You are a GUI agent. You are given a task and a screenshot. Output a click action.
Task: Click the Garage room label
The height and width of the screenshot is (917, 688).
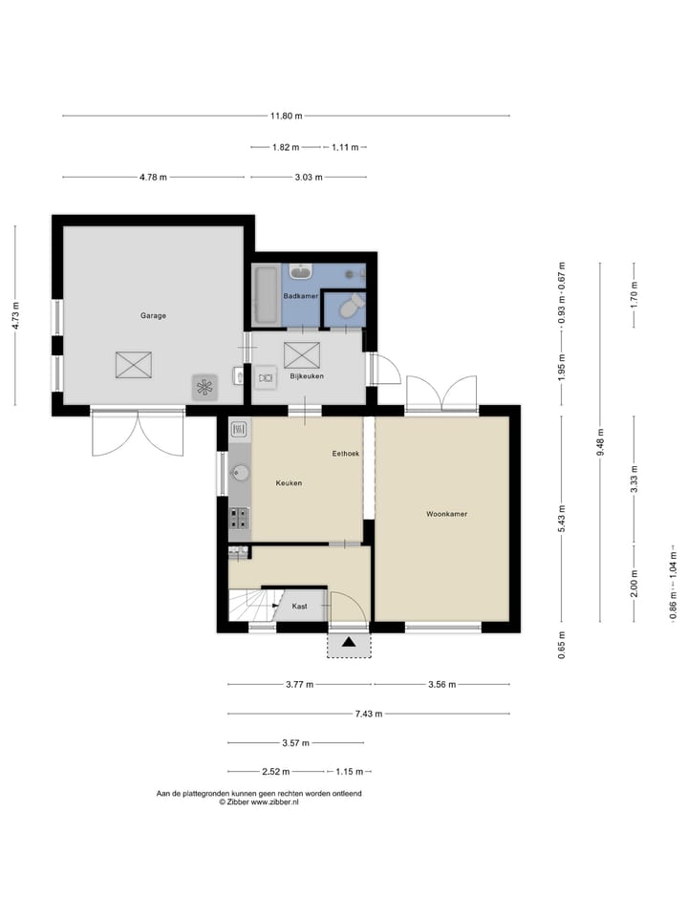153,316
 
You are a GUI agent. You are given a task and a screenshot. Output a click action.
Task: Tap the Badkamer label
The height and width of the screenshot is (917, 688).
301,296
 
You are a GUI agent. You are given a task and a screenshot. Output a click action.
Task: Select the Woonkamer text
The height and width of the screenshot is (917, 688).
447,514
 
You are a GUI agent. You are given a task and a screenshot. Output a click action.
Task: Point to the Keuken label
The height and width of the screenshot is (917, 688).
289,483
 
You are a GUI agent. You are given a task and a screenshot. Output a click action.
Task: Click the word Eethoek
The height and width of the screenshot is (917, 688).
346,453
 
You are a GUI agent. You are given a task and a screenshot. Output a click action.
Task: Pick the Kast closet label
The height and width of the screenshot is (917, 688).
299,607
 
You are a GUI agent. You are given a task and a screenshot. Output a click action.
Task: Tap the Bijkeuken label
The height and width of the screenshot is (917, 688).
307,376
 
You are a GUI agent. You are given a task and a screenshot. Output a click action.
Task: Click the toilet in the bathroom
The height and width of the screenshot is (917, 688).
353,306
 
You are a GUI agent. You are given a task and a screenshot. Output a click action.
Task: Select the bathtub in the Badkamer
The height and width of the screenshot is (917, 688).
266,295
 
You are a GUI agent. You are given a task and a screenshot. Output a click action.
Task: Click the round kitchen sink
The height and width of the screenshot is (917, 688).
240,473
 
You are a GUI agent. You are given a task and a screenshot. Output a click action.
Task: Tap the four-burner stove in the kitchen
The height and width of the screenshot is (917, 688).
239,517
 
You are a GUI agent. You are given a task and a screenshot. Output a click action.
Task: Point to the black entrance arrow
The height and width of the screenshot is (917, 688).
350,642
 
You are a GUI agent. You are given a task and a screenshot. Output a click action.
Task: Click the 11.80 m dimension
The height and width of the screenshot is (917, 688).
286,116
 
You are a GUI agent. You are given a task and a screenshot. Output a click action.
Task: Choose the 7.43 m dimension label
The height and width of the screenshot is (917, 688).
369,714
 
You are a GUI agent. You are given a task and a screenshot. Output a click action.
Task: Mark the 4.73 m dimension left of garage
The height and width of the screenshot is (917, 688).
16,315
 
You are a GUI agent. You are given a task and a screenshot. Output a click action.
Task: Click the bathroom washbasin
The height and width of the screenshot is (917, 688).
302,271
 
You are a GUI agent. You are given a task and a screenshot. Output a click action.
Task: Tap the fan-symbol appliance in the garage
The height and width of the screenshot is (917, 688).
204,387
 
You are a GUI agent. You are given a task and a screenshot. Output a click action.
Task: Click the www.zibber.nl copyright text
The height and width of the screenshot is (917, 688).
259,802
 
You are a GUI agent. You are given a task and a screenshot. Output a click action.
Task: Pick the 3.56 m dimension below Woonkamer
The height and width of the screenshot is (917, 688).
441,684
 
